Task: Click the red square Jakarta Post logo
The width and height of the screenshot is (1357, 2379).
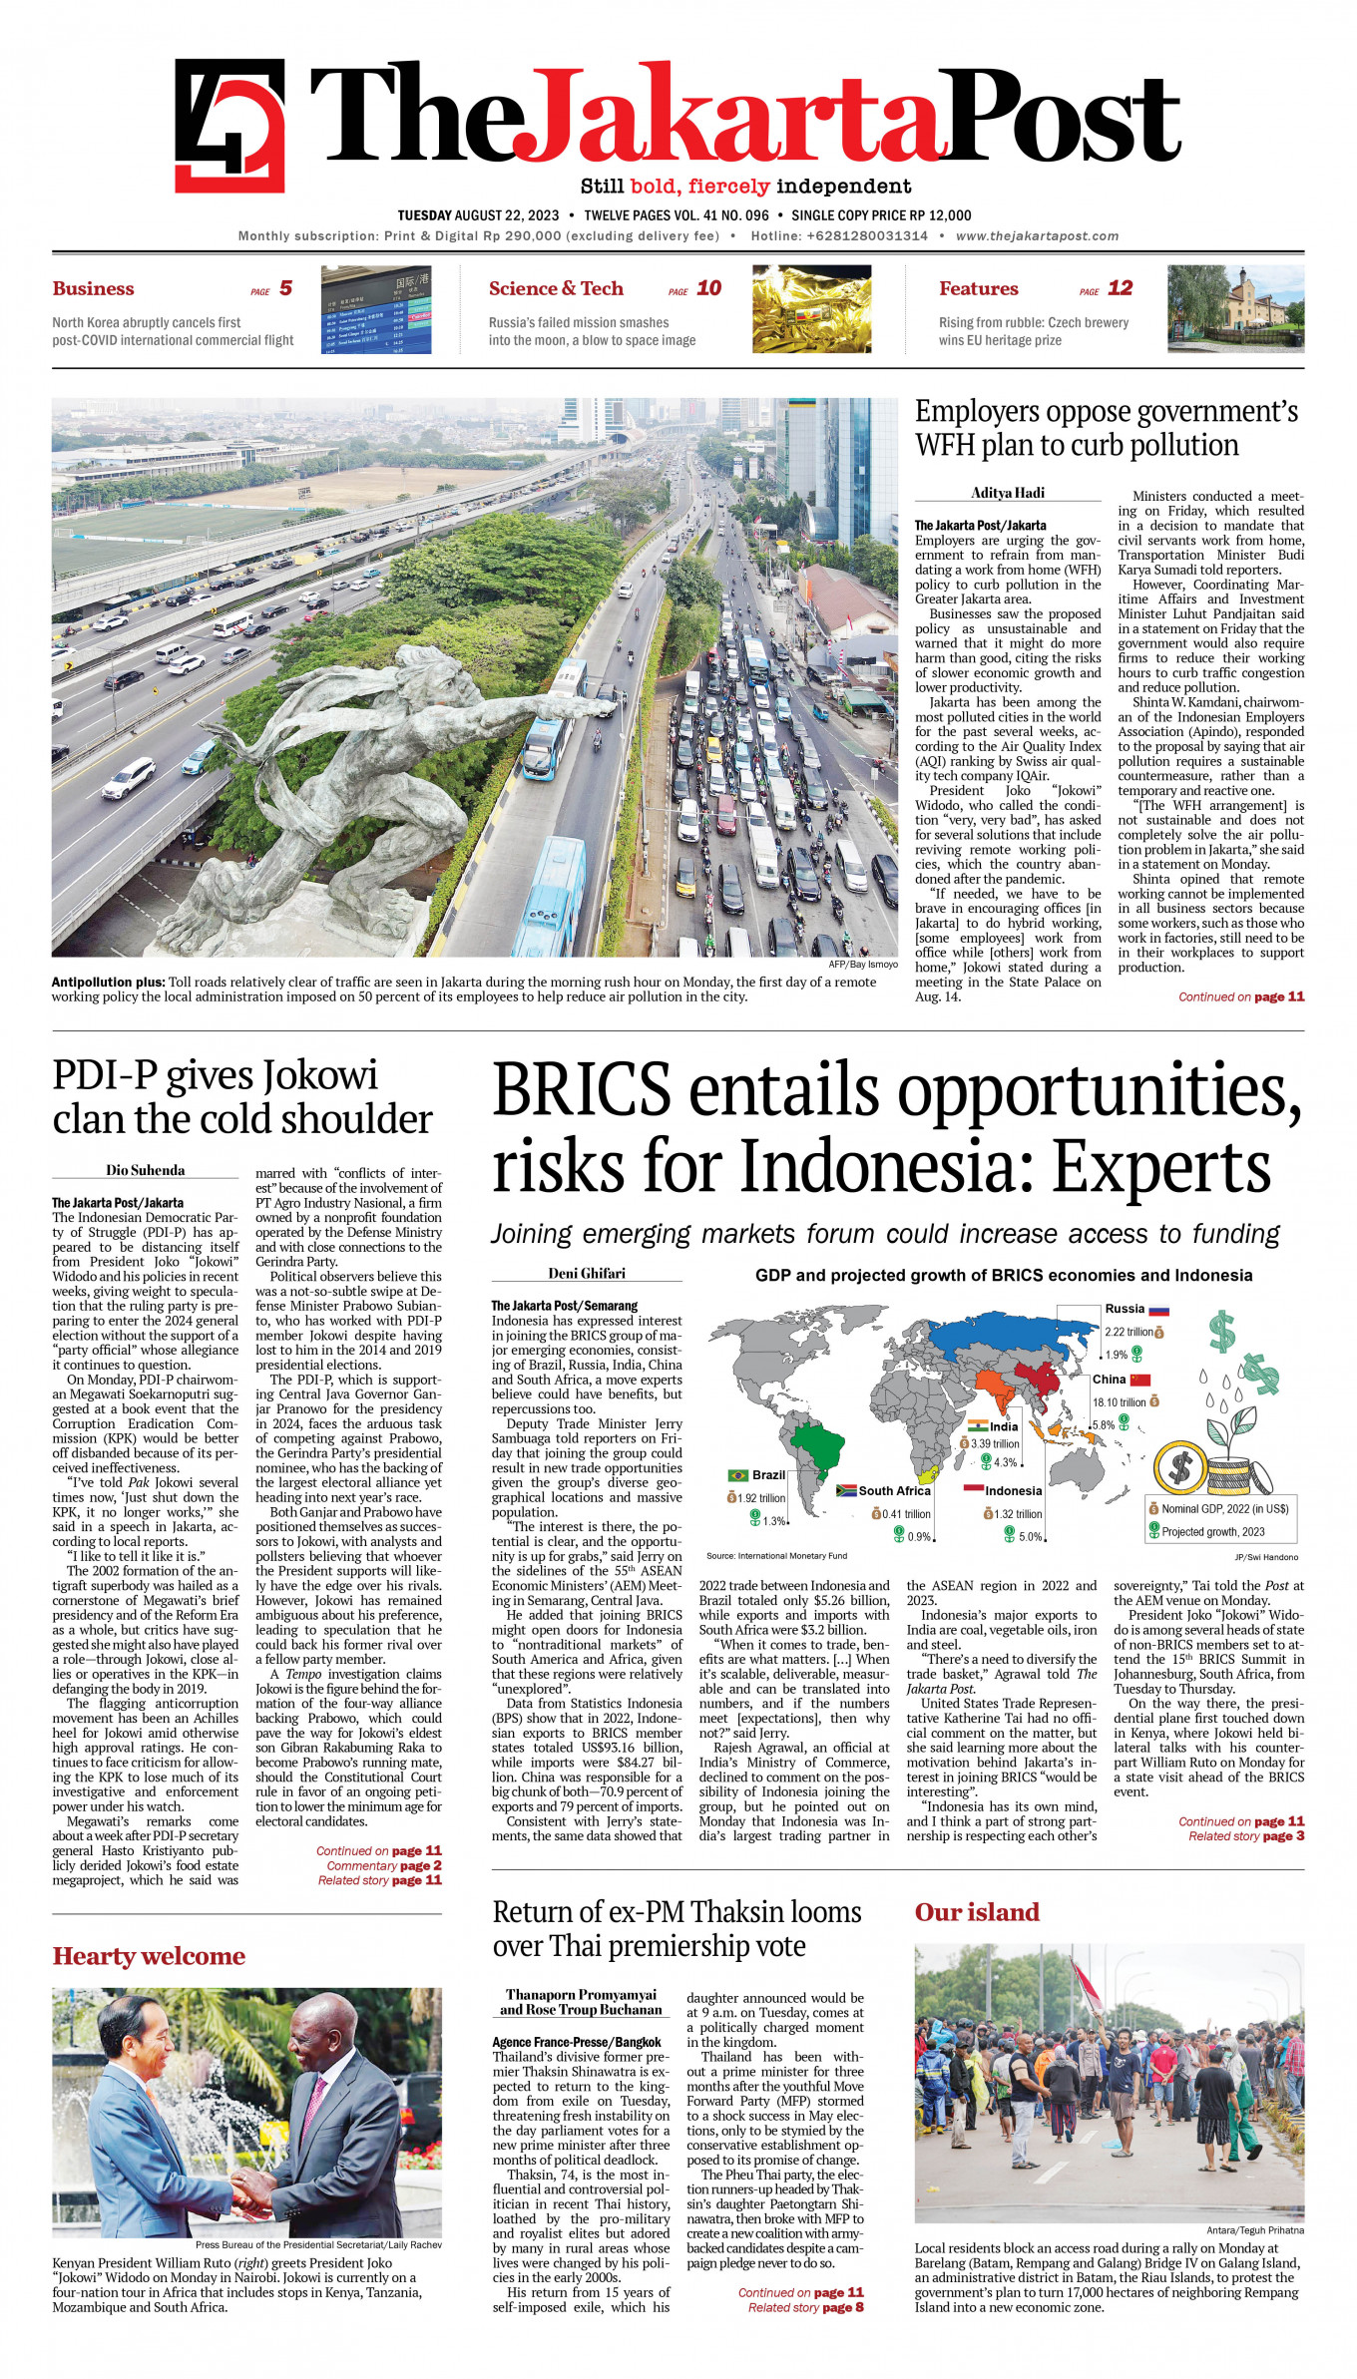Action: (x=229, y=126)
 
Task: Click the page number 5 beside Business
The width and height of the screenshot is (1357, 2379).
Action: (x=285, y=288)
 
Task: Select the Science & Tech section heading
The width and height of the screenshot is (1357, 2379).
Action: (x=556, y=288)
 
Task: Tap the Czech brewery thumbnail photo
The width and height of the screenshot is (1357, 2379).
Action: (x=1235, y=308)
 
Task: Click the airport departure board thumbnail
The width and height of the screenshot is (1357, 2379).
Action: (x=376, y=309)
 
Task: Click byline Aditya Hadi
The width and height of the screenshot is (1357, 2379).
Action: (x=1008, y=493)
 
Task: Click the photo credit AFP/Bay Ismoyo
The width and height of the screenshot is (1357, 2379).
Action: (x=863, y=965)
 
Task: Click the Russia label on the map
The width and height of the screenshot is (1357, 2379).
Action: (x=1125, y=1309)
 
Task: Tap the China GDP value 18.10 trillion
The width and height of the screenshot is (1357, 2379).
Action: (x=1119, y=1401)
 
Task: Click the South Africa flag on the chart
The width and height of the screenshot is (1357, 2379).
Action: (x=846, y=1490)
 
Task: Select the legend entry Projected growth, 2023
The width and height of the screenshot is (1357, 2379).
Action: (x=1212, y=1531)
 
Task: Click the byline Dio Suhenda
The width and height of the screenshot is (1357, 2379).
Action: (x=146, y=1170)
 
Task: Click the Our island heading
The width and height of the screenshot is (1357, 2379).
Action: (x=977, y=1911)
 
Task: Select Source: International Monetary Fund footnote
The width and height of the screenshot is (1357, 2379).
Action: (x=776, y=1555)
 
